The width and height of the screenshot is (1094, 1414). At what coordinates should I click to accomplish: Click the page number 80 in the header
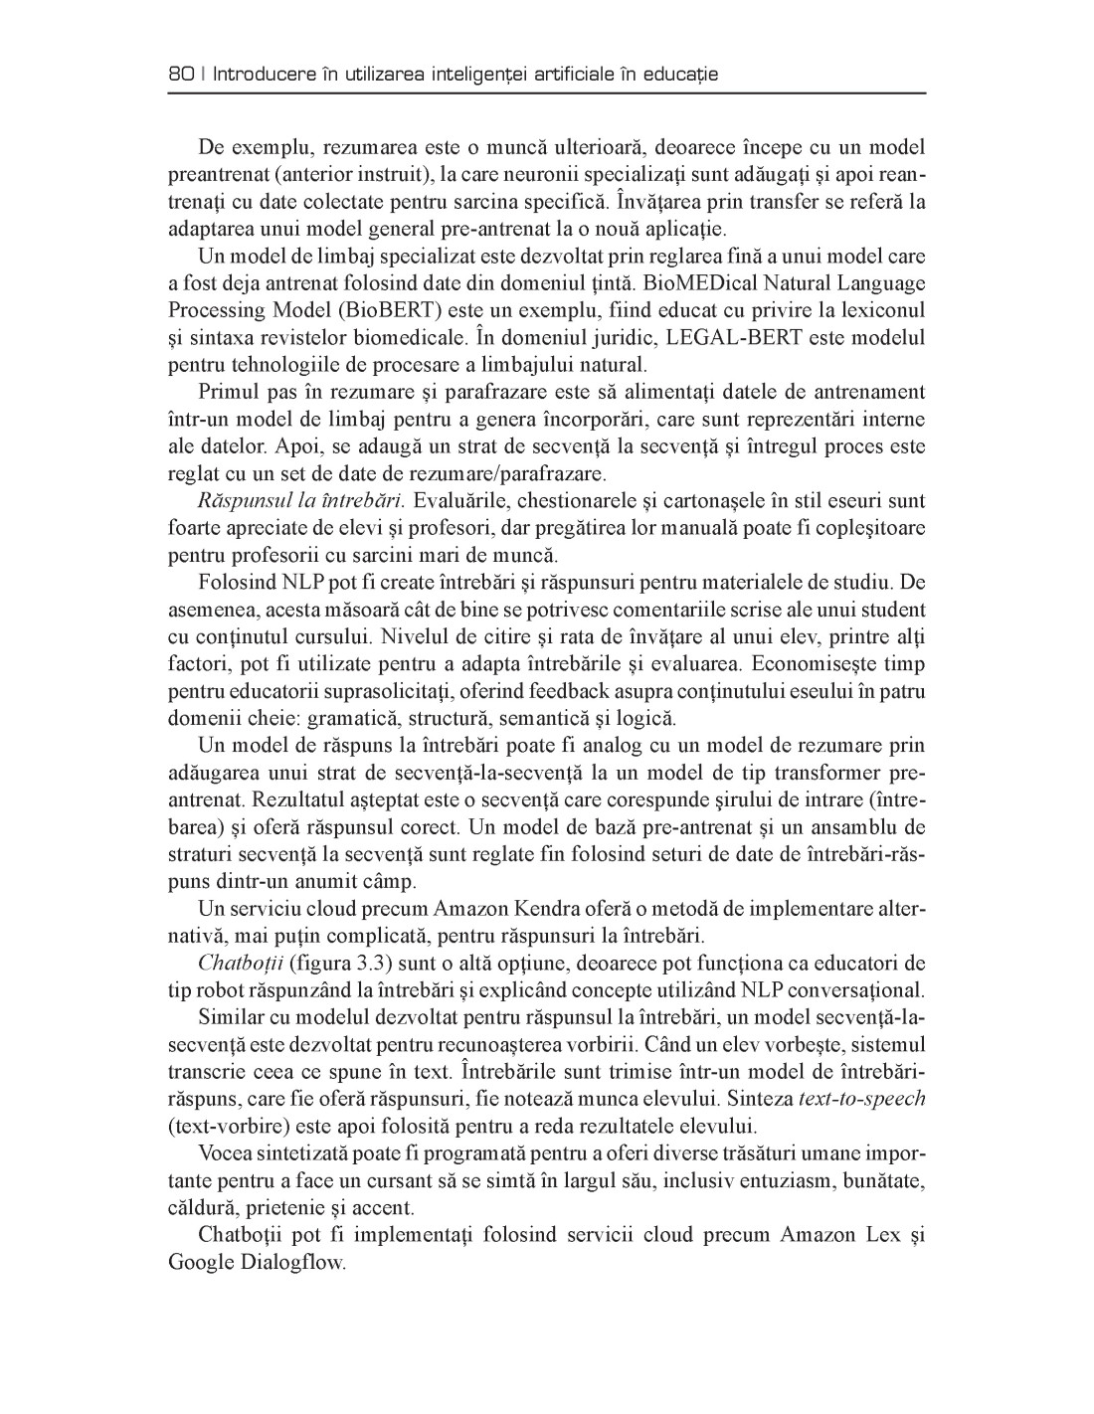(180, 74)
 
